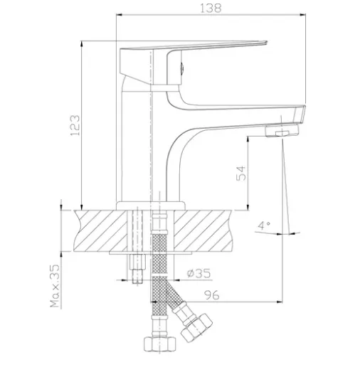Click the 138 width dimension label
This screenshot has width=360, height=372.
pos(211,8)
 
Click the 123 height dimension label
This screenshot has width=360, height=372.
pos(75,125)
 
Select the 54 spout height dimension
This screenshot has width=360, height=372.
pos(241,174)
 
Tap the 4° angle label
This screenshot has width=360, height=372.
pos(264,225)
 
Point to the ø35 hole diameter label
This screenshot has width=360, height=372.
pos(198,273)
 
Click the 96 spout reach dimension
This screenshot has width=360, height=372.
pos(212,295)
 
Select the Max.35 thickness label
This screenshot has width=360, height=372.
pos(55,286)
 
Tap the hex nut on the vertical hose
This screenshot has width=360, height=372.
pos(160,344)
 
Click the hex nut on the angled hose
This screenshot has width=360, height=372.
pos(196,328)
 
